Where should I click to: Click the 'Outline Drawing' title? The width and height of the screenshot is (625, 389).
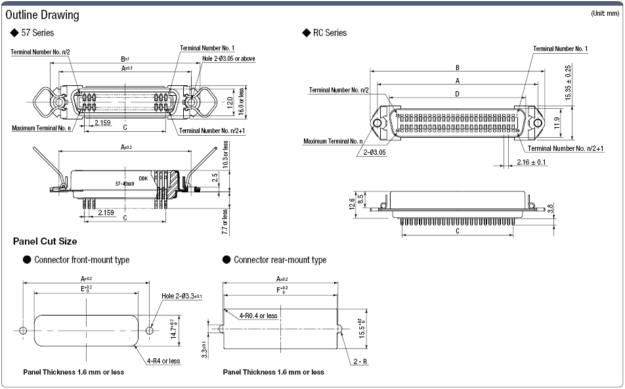pos(42,14)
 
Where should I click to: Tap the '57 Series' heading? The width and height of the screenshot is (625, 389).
pos(37,33)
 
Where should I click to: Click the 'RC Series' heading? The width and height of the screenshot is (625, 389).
pos(329,33)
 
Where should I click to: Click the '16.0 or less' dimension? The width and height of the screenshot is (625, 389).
pos(241,102)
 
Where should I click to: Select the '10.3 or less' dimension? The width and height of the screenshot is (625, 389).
pos(226,157)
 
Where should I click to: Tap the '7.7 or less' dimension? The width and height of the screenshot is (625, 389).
pos(225,220)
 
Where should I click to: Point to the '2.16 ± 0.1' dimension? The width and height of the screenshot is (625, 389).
pos(532,162)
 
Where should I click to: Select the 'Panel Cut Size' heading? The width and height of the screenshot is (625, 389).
pos(45,241)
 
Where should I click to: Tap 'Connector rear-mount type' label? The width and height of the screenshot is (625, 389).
pos(280,260)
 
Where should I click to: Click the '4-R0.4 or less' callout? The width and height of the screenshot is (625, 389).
pos(258,316)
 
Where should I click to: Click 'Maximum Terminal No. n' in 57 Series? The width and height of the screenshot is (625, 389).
pos(41,127)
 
